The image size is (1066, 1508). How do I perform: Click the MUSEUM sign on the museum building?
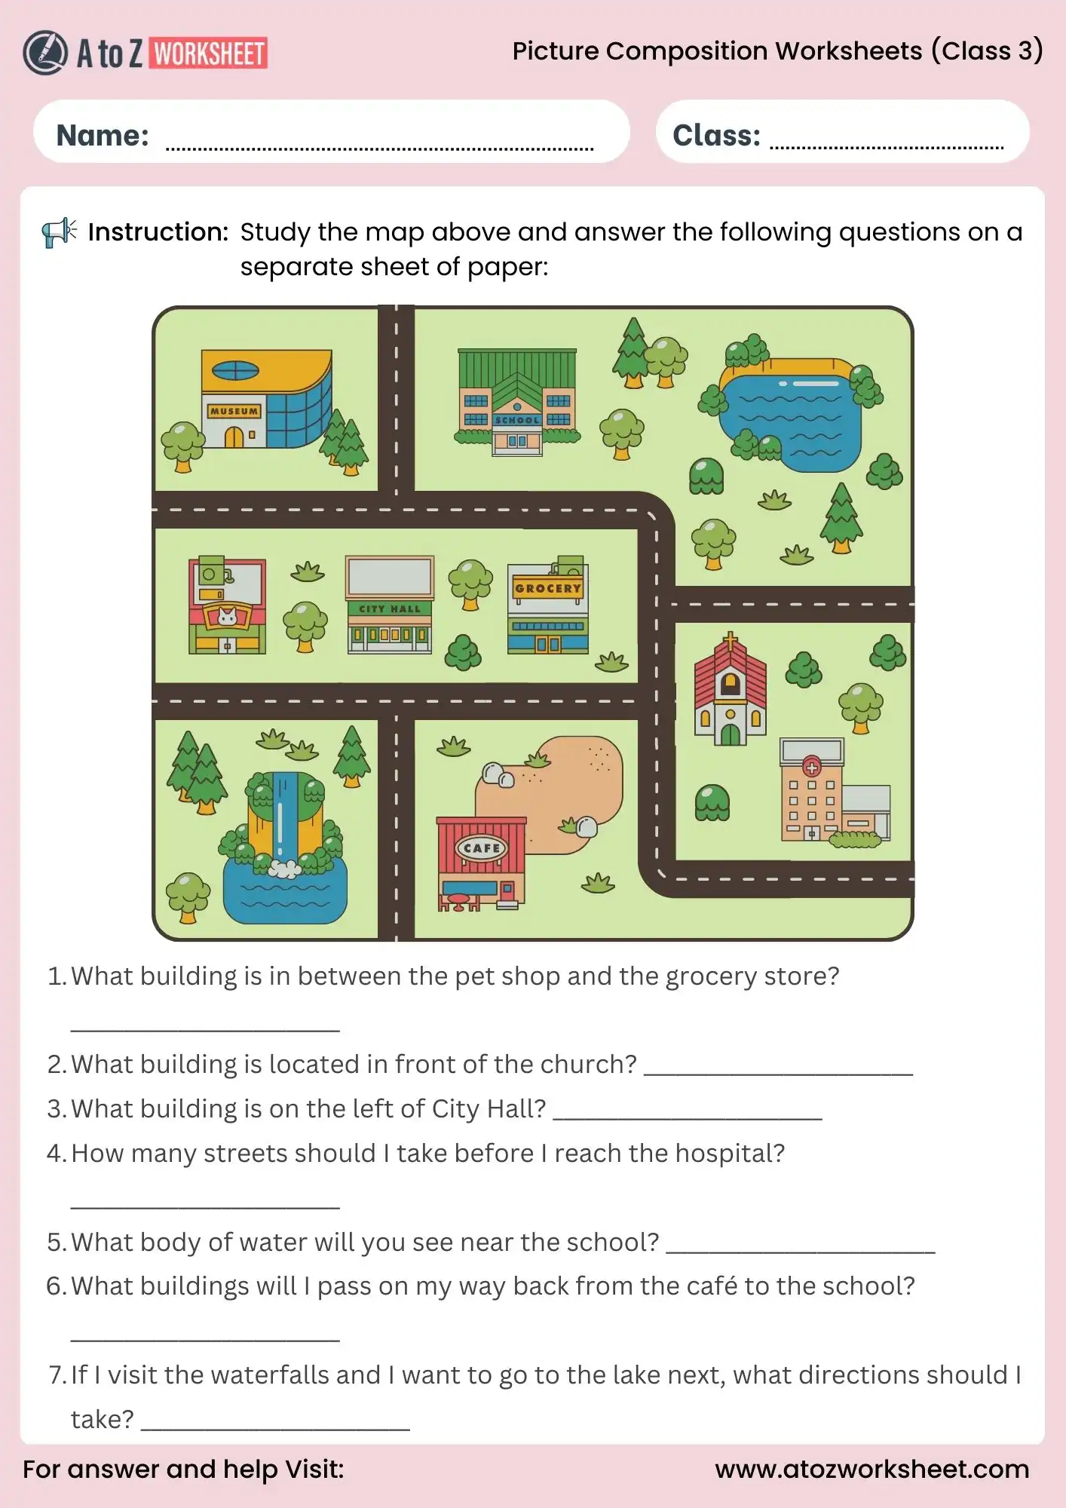pos(234,411)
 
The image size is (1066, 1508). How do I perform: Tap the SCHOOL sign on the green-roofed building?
pos(517,420)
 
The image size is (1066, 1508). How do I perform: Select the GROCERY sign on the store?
pos(548,588)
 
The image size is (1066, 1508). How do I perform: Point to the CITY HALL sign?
pos(389,608)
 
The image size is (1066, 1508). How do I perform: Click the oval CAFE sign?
pos(482,848)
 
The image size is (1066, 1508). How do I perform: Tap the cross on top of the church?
pos(730,642)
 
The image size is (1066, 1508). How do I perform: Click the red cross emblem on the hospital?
pos(811,768)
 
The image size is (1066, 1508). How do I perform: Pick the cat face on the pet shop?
pos(227,617)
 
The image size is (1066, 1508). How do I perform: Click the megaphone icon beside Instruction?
pos(59,232)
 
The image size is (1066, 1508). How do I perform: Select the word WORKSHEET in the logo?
pos(209,54)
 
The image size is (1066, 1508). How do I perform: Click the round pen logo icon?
pos(45,53)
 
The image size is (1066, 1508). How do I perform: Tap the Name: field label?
pos(103,136)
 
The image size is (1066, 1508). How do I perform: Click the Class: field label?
pos(716,136)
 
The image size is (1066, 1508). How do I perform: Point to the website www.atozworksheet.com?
pos(871,1470)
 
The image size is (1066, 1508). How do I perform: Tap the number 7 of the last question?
pos(56,1375)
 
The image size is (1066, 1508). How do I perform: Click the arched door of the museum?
pos(234,437)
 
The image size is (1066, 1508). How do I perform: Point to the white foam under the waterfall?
pos(284,869)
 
